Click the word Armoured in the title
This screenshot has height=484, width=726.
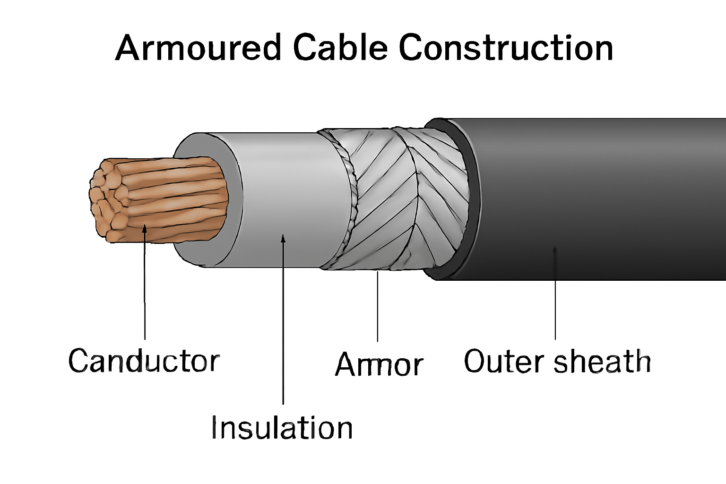pos(199,48)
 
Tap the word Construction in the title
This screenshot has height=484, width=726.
pos(506,48)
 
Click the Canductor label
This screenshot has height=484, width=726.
pos(144,361)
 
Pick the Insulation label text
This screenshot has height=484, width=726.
pos(282,428)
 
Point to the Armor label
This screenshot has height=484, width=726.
pos(379,365)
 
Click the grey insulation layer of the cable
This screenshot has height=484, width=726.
pos(284,199)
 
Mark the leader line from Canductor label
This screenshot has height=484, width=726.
pos(145,293)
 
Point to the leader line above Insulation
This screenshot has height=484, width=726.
pos(283,331)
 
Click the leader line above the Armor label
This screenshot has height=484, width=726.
pos(377,307)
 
